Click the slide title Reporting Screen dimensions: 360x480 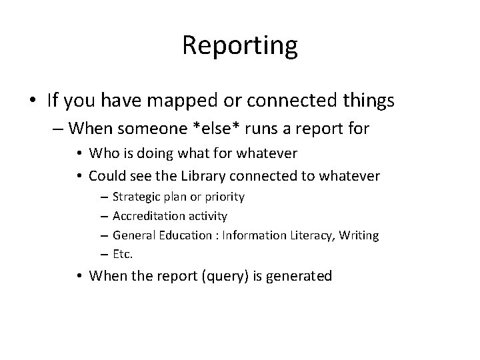[x=239, y=46]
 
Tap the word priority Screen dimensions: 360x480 [x=225, y=197]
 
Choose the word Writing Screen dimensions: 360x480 [x=361, y=235]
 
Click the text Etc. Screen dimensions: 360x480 [x=123, y=255]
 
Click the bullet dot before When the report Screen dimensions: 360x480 [x=79, y=275]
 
